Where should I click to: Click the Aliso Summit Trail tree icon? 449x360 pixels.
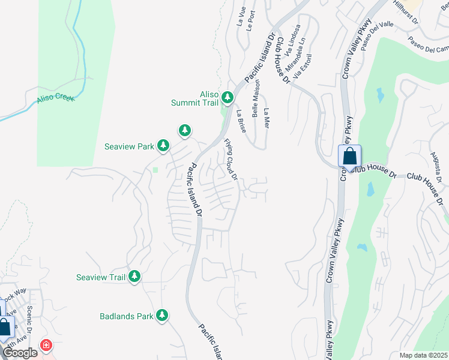pyautogui.click(x=227, y=97)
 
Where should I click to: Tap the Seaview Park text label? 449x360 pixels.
pyautogui.click(x=128, y=146)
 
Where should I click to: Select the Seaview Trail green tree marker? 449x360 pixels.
pyautogui.click(x=135, y=277)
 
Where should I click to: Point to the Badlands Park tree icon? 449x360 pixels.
pyautogui.click(x=161, y=316)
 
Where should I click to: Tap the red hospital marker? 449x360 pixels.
pyautogui.click(x=46, y=346)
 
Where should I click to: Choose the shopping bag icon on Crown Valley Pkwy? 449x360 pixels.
pyautogui.click(x=349, y=157)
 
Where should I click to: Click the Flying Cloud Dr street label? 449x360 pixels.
pyautogui.click(x=232, y=160)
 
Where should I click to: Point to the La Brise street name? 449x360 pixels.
pyautogui.click(x=241, y=121)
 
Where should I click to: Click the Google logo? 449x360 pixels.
pyautogui.click(x=20, y=353)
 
